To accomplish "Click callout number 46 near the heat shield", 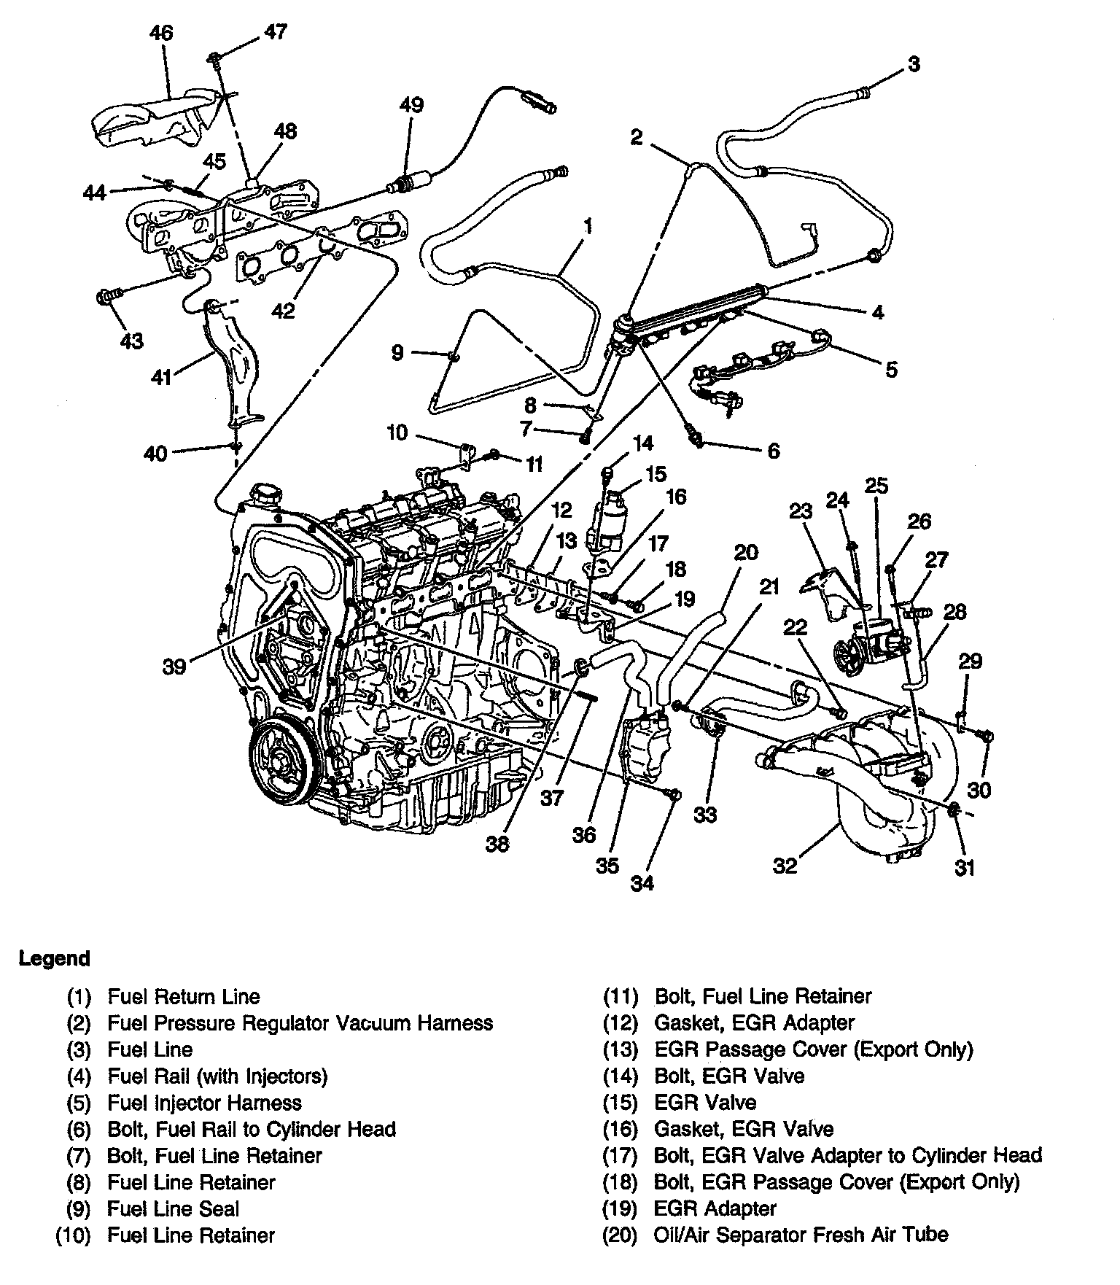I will (161, 34).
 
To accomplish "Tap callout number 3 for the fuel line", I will (913, 64).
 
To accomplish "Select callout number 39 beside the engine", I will (174, 666).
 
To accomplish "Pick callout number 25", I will (876, 486).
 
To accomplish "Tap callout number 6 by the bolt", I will (773, 451).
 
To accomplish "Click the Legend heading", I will (55, 958).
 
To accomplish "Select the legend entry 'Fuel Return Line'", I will (184, 996).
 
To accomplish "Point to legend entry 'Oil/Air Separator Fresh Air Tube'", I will (801, 1235).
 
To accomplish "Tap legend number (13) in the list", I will (620, 1049).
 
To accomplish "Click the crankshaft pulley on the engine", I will (281, 765).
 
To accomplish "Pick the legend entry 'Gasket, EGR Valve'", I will (744, 1129).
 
